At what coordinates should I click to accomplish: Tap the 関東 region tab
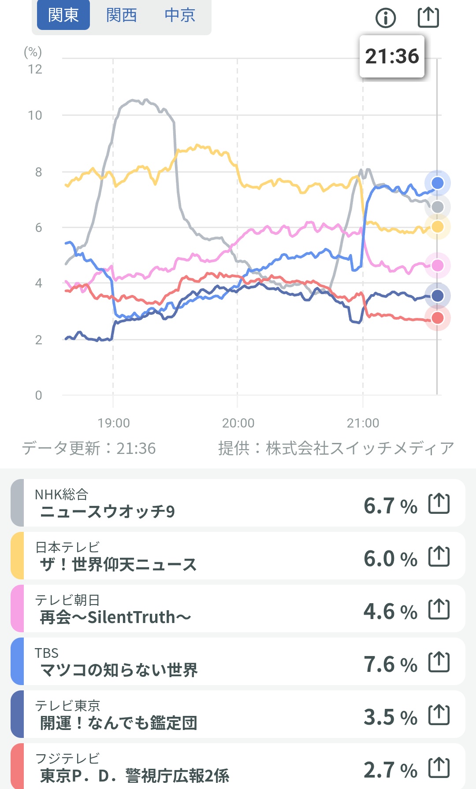pos(63,15)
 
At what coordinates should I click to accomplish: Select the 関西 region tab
pos(122,15)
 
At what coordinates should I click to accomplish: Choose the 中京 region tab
pos(180,15)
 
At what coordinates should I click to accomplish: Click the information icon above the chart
pos(386,18)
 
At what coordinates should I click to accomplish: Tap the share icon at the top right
pos(428,17)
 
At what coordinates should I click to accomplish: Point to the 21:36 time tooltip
pos(392,56)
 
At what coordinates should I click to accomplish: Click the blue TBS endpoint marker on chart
pos(437,183)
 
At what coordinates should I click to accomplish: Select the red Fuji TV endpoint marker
pos(437,318)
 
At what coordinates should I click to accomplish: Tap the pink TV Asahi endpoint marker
pos(437,265)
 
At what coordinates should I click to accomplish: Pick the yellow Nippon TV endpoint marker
pos(437,227)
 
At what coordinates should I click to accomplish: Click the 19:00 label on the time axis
pos(114,423)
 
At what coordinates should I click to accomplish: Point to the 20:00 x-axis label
pos(238,423)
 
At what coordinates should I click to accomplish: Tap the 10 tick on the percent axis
pos(35,115)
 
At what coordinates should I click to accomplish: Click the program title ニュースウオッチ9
pos(108,512)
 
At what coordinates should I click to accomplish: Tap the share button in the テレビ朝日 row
pos(439,609)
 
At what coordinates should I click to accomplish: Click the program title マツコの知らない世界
pos(119,670)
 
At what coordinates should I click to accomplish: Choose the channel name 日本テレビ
pos(67,547)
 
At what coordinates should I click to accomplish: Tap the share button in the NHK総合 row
pos(439,504)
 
